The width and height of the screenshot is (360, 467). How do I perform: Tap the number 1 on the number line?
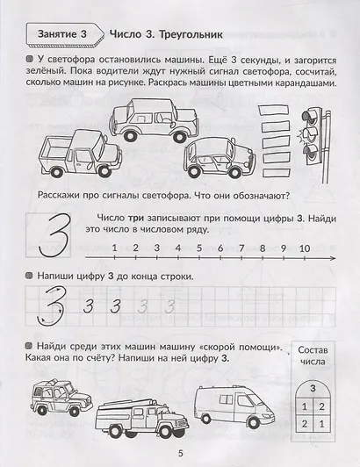coord(113,248)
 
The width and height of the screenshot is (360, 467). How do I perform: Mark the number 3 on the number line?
coord(155,248)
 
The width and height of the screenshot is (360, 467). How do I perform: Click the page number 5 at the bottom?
coord(179,453)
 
